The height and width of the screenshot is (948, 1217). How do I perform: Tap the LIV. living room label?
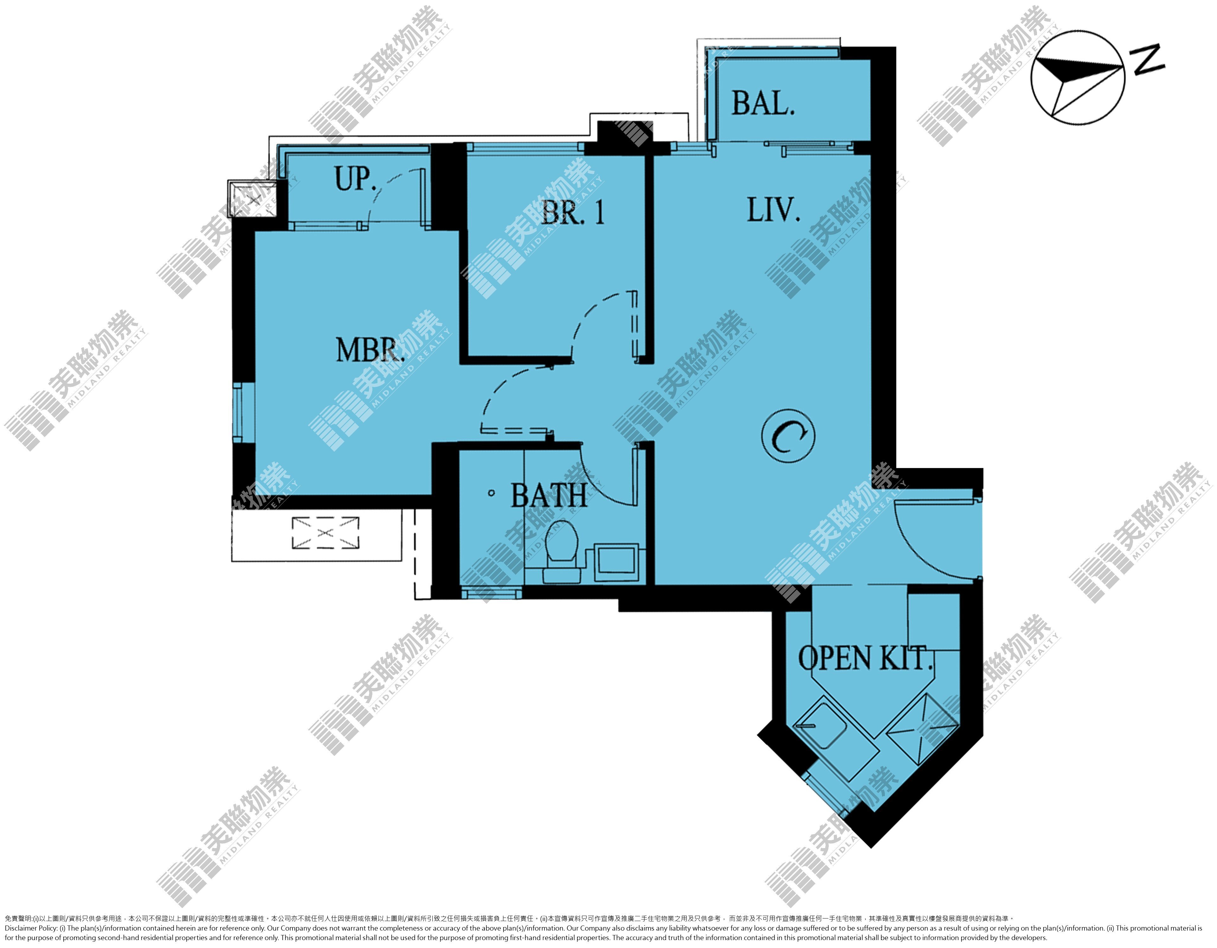pos(773,210)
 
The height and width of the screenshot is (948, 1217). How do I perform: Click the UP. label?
pos(356,178)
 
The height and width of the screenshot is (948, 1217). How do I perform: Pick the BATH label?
pos(549,496)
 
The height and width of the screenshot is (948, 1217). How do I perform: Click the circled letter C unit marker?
pos(788,435)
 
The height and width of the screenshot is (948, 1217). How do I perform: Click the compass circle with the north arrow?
pos(1078,77)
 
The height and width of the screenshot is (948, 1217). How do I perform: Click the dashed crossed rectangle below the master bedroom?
pos(325,533)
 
